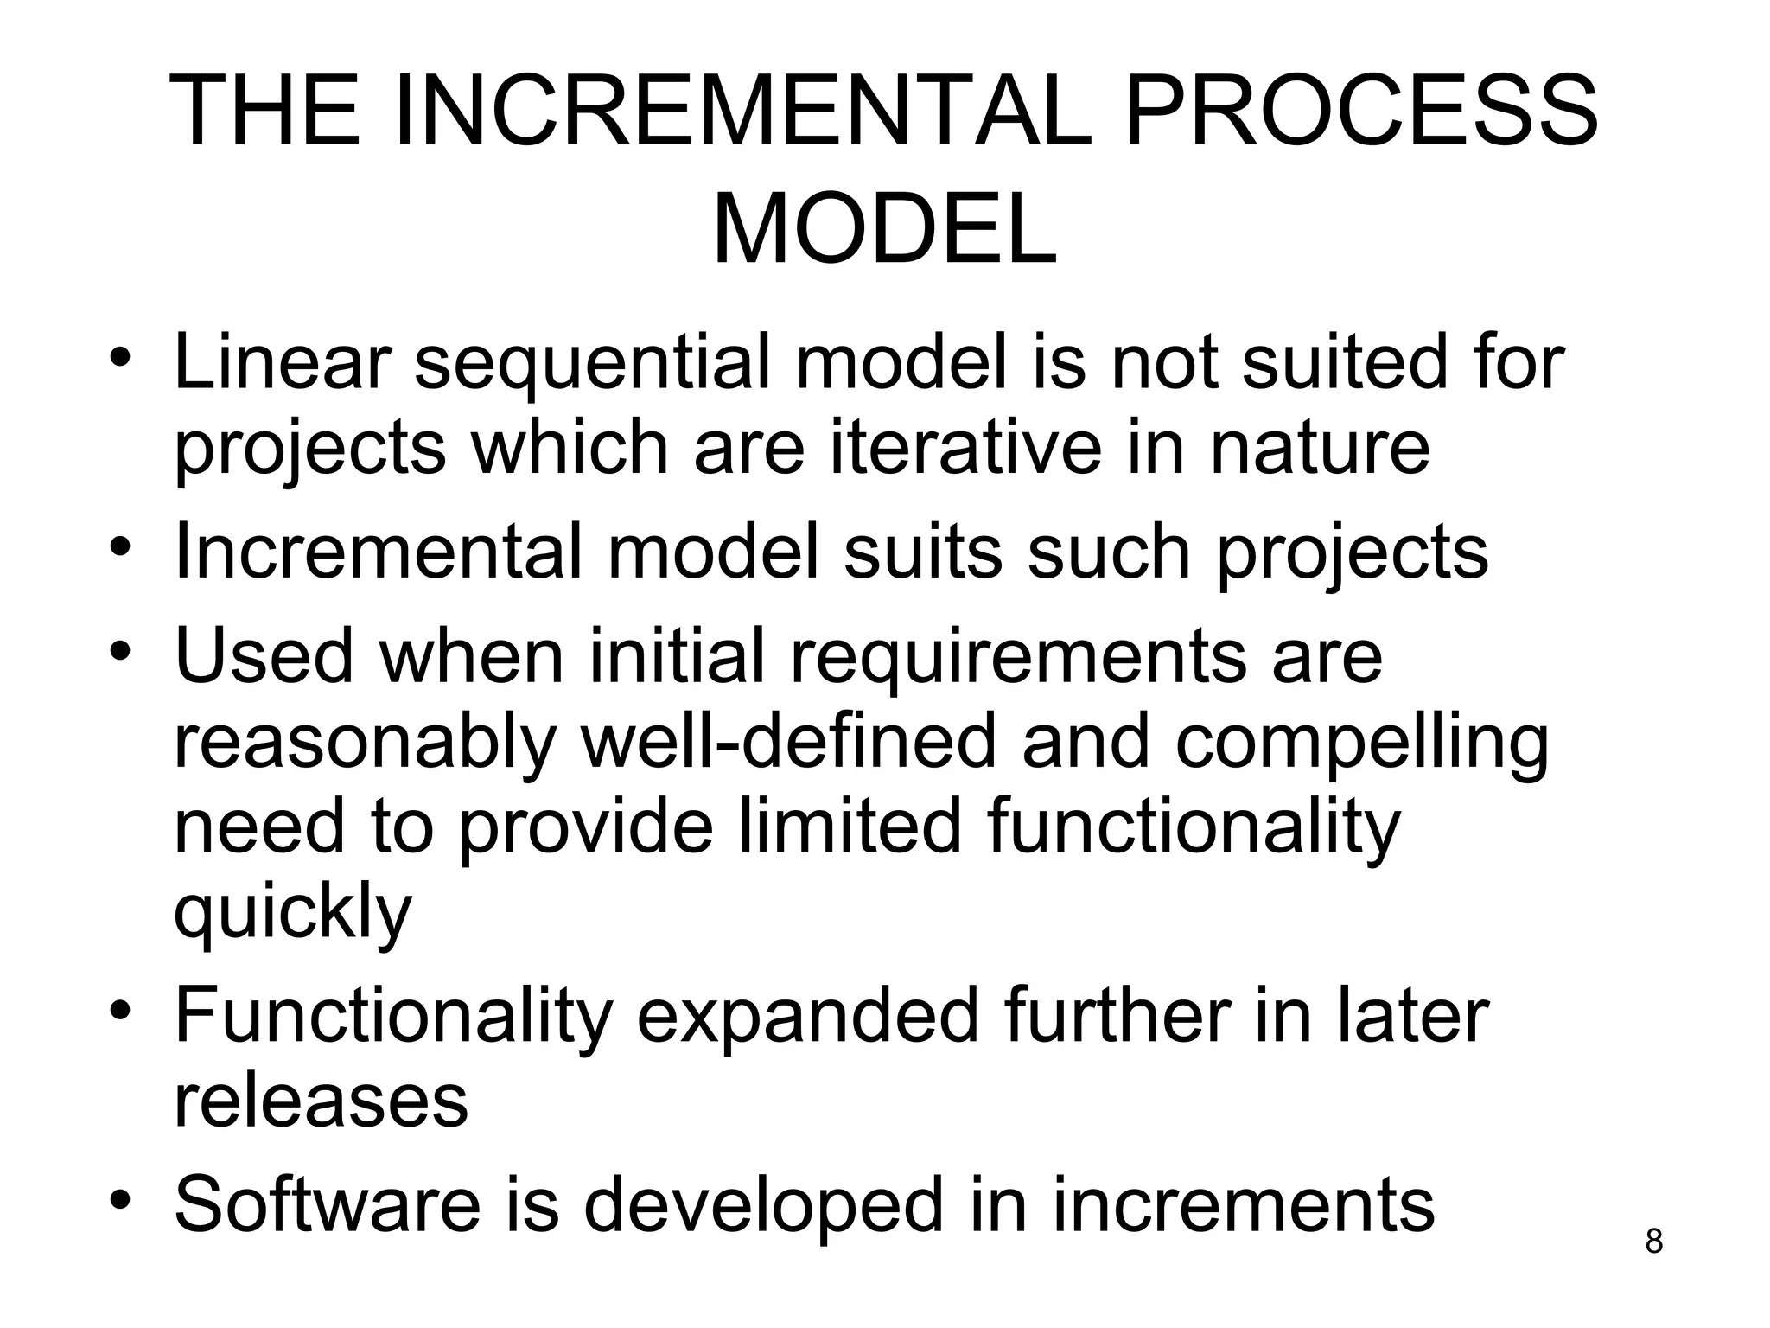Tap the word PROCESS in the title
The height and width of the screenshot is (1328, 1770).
(x=1360, y=112)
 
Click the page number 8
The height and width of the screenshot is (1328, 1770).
(x=1653, y=1242)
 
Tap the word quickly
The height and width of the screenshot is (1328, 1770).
(x=293, y=912)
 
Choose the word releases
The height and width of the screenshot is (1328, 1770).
(x=321, y=1101)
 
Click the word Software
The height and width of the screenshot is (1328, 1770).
(x=327, y=1204)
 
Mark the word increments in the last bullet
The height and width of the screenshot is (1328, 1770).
(x=1243, y=1204)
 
